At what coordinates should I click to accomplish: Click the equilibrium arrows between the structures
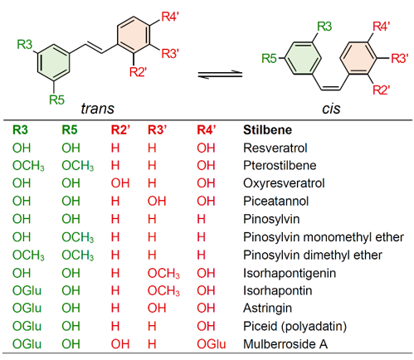click(x=220, y=75)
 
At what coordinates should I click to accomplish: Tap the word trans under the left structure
click(x=97, y=109)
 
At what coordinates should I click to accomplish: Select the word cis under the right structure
click(x=331, y=109)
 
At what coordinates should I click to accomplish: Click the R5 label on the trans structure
click(x=56, y=100)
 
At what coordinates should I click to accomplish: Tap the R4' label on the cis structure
click(x=381, y=27)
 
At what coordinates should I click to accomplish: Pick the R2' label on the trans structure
click(x=138, y=72)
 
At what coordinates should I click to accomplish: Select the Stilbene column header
click(x=267, y=130)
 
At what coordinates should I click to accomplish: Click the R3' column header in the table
click(x=157, y=130)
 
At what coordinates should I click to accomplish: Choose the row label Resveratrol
click(x=275, y=148)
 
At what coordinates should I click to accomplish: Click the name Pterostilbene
click(x=280, y=165)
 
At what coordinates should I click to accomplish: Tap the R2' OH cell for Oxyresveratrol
click(x=120, y=183)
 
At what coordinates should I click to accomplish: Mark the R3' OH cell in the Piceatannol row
click(x=157, y=201)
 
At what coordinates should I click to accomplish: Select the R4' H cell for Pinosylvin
click(x=201, y=219)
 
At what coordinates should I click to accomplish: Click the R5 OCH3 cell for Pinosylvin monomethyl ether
click(x=78, y=237)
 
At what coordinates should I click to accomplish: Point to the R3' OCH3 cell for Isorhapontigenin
click(x=163, y=273)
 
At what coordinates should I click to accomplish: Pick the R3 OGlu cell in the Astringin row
click(x=27, y=308)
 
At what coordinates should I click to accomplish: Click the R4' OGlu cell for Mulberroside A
click(x=212, y=344)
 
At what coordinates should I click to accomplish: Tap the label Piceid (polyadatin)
click(x=295, y=326)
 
